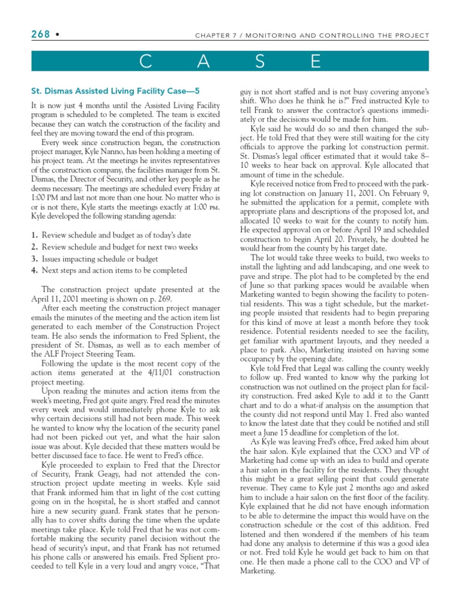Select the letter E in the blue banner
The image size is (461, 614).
click(317, 61)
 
